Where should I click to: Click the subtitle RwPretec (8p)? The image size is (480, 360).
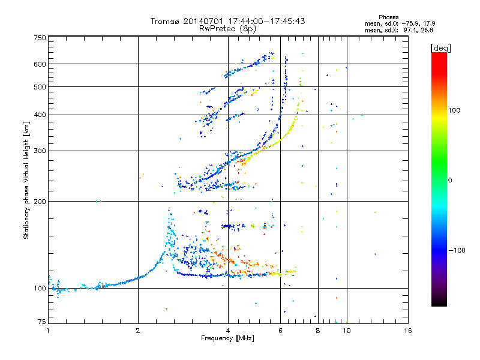tap(227, 29)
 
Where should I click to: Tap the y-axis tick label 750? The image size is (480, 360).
tap(40, 38)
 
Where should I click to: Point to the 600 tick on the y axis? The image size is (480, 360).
tap(40, 64)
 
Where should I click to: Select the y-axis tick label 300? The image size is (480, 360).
tap(40, 151)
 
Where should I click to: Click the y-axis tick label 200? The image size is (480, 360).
tap(40, 202)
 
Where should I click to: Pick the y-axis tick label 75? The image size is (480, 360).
tap(42, 322)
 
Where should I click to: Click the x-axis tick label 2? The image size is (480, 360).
tap(138, 331)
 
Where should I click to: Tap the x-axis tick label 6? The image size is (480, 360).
tap(280, 331)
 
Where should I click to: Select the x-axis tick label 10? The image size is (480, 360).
tap(347, 331)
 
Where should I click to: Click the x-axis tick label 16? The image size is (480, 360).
tap(408, 331)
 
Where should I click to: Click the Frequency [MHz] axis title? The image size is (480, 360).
tap(227, 338)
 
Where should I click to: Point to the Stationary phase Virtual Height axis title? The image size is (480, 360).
tap(26, 180)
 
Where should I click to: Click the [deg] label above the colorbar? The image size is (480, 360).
tap(440, 48)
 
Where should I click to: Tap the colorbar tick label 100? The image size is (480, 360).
tap(454, 110)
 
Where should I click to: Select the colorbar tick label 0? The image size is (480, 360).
tap(450, 181)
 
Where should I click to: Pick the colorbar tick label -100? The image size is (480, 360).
tap(457, 250)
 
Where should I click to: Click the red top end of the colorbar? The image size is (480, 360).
tap(439, 54)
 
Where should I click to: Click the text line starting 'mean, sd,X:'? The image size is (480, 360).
tap(399, 30)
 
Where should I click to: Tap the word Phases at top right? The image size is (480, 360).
tap(388, 17)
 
